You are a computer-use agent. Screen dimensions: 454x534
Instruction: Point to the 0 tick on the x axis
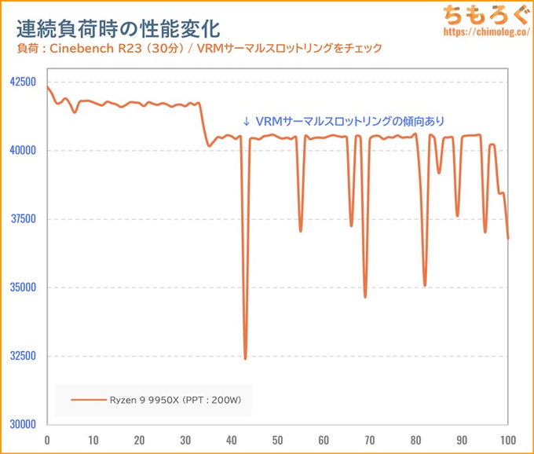(48, 440)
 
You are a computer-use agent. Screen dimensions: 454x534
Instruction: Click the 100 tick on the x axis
(508, 440)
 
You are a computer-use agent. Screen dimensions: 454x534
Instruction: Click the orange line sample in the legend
(88, 401)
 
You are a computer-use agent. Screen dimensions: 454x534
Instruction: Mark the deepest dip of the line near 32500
(245, 358)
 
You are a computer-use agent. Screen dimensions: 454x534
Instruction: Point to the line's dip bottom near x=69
(365, 296)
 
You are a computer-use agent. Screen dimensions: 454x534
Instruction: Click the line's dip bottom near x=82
(425, 285)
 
